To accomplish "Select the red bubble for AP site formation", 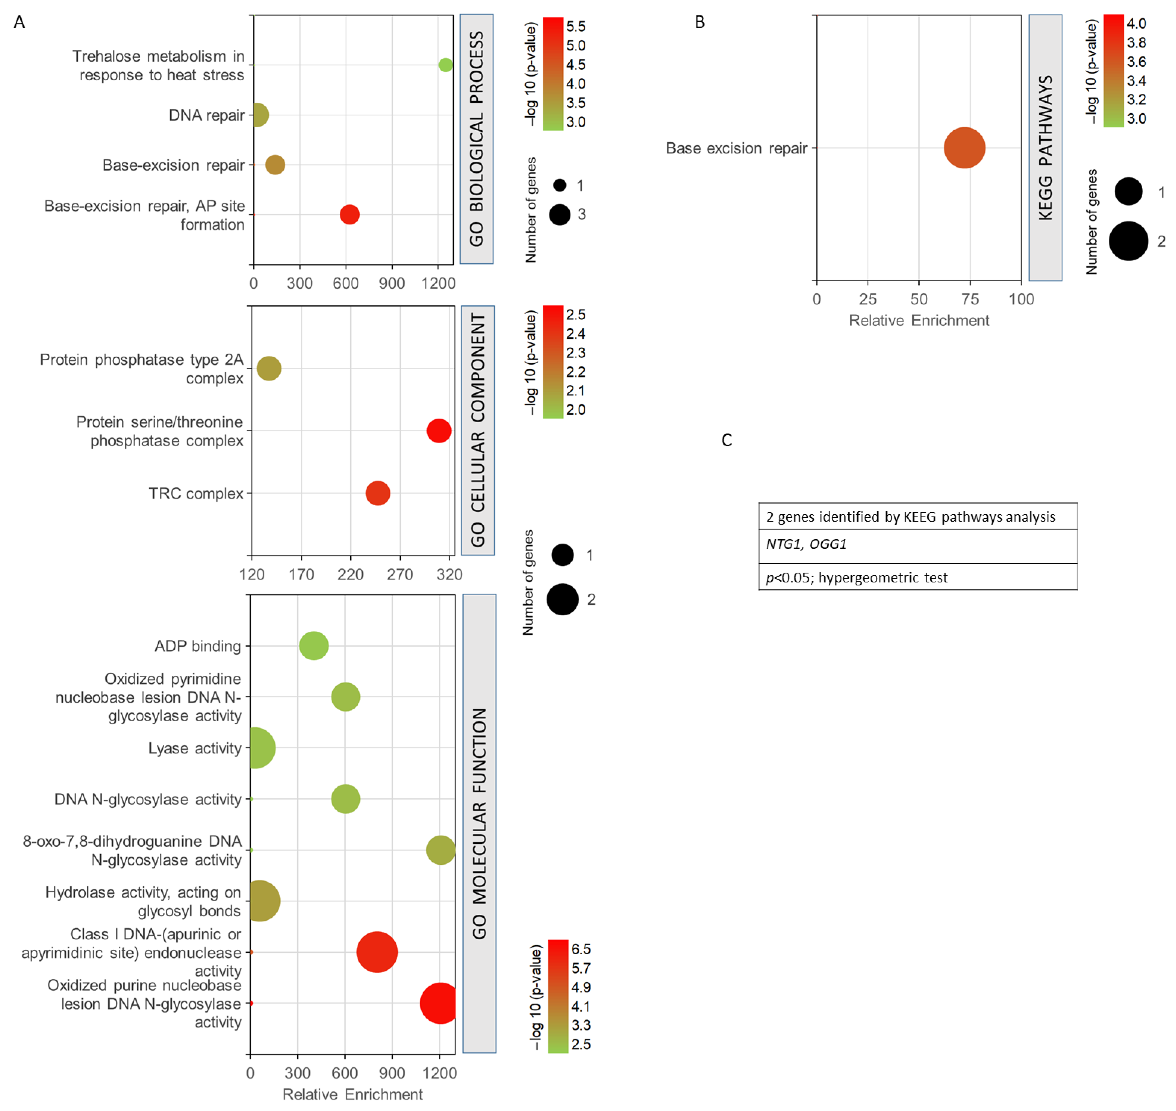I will click(349, 214).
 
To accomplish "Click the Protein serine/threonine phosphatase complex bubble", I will click(439, 430).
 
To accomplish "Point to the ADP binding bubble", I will click(314, 646).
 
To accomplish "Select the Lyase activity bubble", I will click(256, 748).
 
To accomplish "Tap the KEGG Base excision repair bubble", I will click(964, 148).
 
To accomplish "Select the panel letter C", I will click(727, 440).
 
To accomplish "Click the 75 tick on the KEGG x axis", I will click(970, 299).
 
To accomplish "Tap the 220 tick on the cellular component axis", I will click(351, 574).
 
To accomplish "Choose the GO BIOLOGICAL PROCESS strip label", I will click(477, 139).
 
